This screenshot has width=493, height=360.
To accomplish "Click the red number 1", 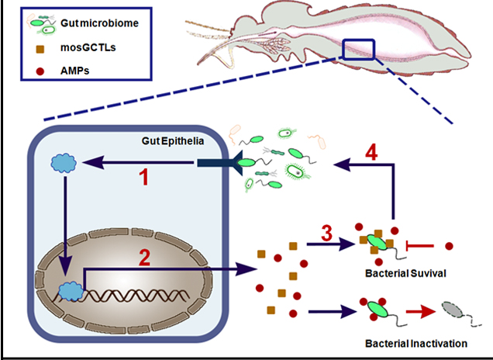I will [143, 178].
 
